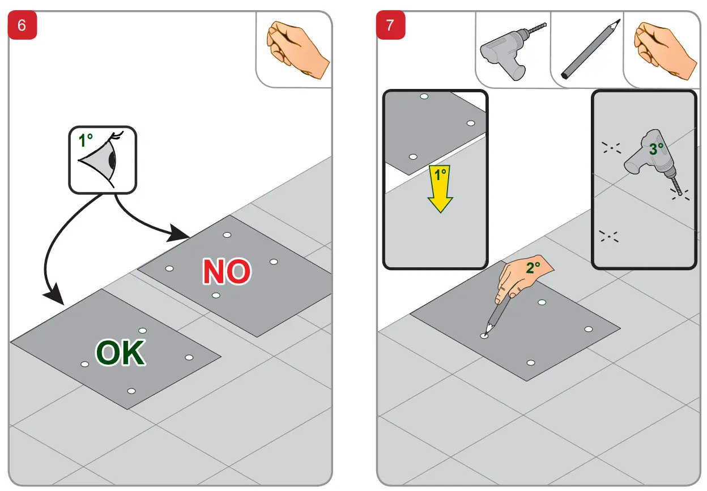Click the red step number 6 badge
coord(22,25)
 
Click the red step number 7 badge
coord(390,25)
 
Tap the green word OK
coord(120,352)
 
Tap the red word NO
coord(227,271)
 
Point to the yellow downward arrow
coord(440,189)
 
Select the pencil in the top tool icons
coord(590,49)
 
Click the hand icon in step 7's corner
coord(665,50)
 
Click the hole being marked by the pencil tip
coord(484,336)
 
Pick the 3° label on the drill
coord(656,149)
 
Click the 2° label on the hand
coord(533,268)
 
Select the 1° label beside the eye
coord(86,140)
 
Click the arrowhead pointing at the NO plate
coord(178,233)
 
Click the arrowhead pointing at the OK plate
coord(55,294)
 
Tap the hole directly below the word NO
coord(216,296)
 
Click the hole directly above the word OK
coord(142,331)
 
